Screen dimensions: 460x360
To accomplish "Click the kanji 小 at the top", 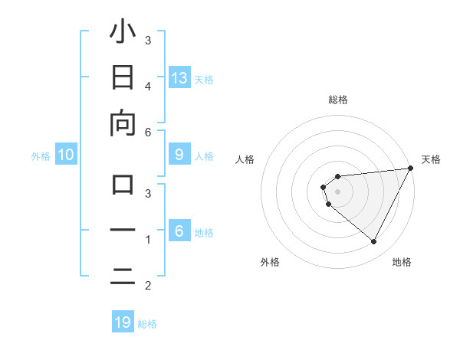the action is point(123,32).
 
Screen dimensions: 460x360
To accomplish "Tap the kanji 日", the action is point(123,78).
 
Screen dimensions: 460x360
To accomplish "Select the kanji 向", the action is point(123,123).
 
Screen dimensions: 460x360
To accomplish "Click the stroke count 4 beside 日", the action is point(148,86).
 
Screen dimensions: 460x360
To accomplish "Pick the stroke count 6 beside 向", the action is point(148,132).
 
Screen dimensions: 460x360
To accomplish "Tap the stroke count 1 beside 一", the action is point(148,240).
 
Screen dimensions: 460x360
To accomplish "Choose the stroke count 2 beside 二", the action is point(148,286).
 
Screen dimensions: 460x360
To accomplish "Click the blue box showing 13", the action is point(179,77).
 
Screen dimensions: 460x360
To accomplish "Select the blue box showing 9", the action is point(179,155).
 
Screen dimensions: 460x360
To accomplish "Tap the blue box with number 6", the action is point(179,231).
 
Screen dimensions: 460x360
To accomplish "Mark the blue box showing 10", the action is point(66,155).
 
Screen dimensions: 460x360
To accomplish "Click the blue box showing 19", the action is point(123,322).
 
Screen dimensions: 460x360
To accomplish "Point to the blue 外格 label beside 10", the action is point(41,156).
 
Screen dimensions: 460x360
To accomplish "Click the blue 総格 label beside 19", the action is point(147,324).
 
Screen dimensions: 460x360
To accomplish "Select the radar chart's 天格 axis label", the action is point(431,159).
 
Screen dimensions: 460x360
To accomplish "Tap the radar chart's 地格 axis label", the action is point(402,262).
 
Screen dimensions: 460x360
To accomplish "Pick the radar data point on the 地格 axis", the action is point(374,242).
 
